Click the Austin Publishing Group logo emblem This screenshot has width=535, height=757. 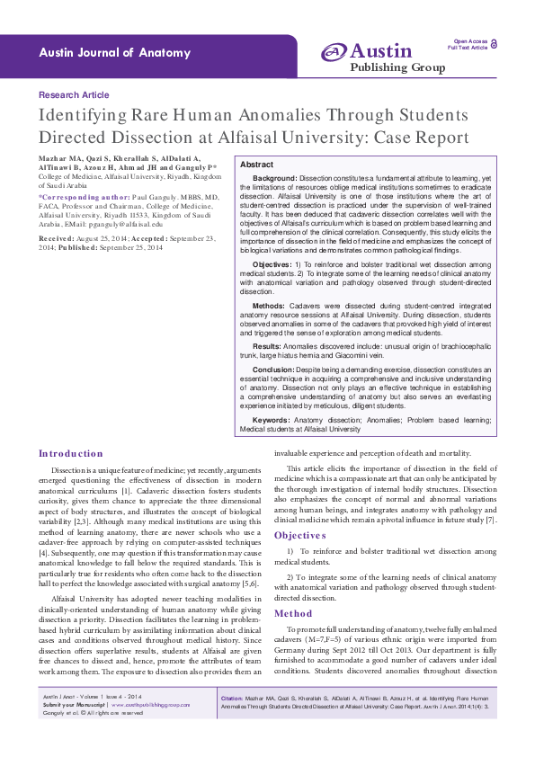point(334,53)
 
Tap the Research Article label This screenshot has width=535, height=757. point(74,94)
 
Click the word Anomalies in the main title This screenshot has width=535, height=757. point(284,116)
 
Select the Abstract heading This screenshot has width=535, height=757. point(257,165)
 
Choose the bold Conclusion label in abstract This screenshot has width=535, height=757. point(273,370)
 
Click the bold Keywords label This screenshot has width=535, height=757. point(271,419)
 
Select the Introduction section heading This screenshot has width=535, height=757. point(71,454)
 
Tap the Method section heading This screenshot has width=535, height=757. point(293,613)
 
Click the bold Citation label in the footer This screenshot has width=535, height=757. point(232,723)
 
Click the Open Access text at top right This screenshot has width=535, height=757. point(469,41)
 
